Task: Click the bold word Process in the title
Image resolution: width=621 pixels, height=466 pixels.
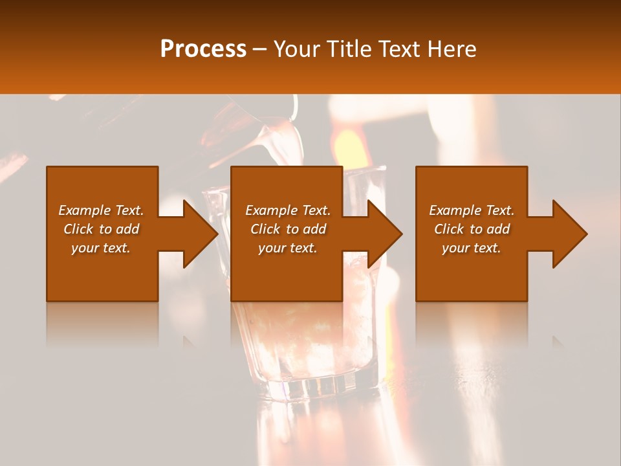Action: (x=203, y=49)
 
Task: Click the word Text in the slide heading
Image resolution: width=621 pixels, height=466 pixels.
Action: (x=400, y=49)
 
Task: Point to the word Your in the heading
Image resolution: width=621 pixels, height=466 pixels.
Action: (x=298, y=49)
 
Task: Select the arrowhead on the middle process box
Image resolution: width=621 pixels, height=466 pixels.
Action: (x=384, y=234)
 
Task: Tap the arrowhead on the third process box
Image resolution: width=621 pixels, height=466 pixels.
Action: (x=569, y=234)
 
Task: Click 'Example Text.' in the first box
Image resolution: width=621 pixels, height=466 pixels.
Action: (x=101, y=210)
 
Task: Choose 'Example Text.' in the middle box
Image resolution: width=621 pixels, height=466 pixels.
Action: (x=288, y=210)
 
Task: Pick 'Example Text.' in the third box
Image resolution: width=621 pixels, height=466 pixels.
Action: (x=472, y=210)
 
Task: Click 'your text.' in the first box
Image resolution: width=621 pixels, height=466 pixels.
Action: (x=101, y=248)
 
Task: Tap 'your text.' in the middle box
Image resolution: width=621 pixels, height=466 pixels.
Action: (x=288, y=248)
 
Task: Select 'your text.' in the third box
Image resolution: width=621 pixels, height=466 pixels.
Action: (x=472, y=248)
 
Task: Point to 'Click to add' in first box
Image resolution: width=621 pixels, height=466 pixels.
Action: (x=101, y=229)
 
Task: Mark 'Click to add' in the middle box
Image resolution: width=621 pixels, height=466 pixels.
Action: (x=288, y=229)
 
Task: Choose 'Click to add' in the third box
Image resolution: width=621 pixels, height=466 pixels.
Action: (x=472, y=229)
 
